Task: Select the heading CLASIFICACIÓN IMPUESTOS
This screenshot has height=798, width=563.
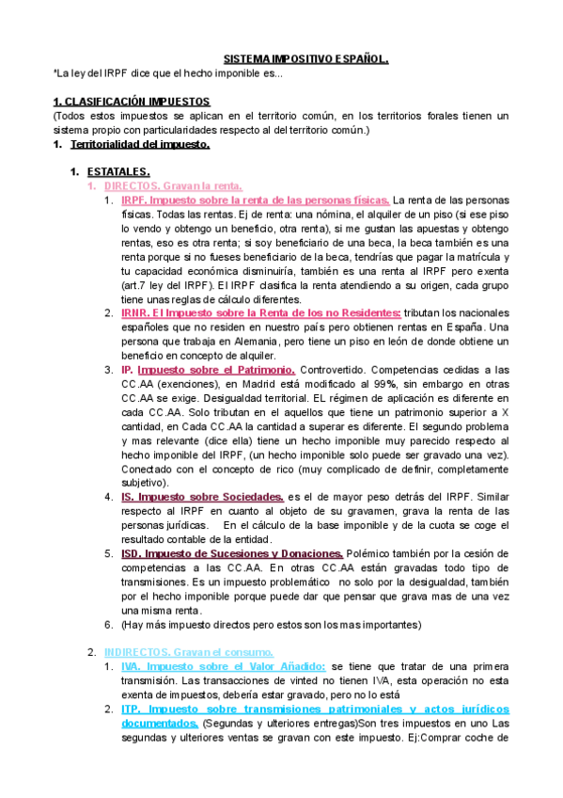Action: click(x=135, y=101)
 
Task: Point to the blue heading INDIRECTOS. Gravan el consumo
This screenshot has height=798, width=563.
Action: click(x=188, y=651)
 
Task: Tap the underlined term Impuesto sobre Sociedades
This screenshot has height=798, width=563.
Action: click(x=211, y=496)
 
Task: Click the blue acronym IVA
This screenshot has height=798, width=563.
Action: click(x=132, y=666)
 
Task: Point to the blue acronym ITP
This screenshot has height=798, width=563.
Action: click(x=132, y=709)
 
